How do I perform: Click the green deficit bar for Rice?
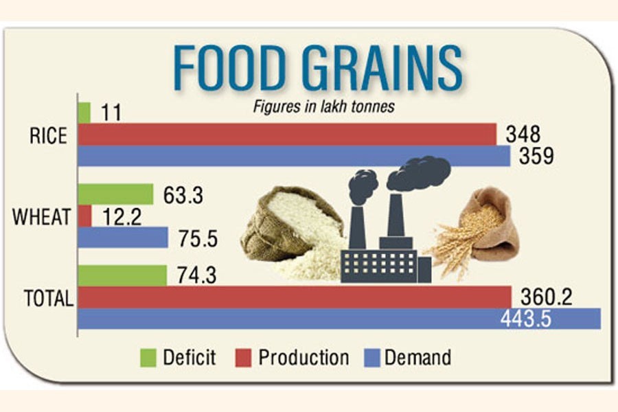84,113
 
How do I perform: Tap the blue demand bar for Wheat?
123,238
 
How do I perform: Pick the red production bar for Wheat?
84,216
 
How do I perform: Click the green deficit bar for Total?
122,275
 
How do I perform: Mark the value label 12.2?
122,218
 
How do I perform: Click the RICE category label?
48,136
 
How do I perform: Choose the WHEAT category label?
42,218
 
